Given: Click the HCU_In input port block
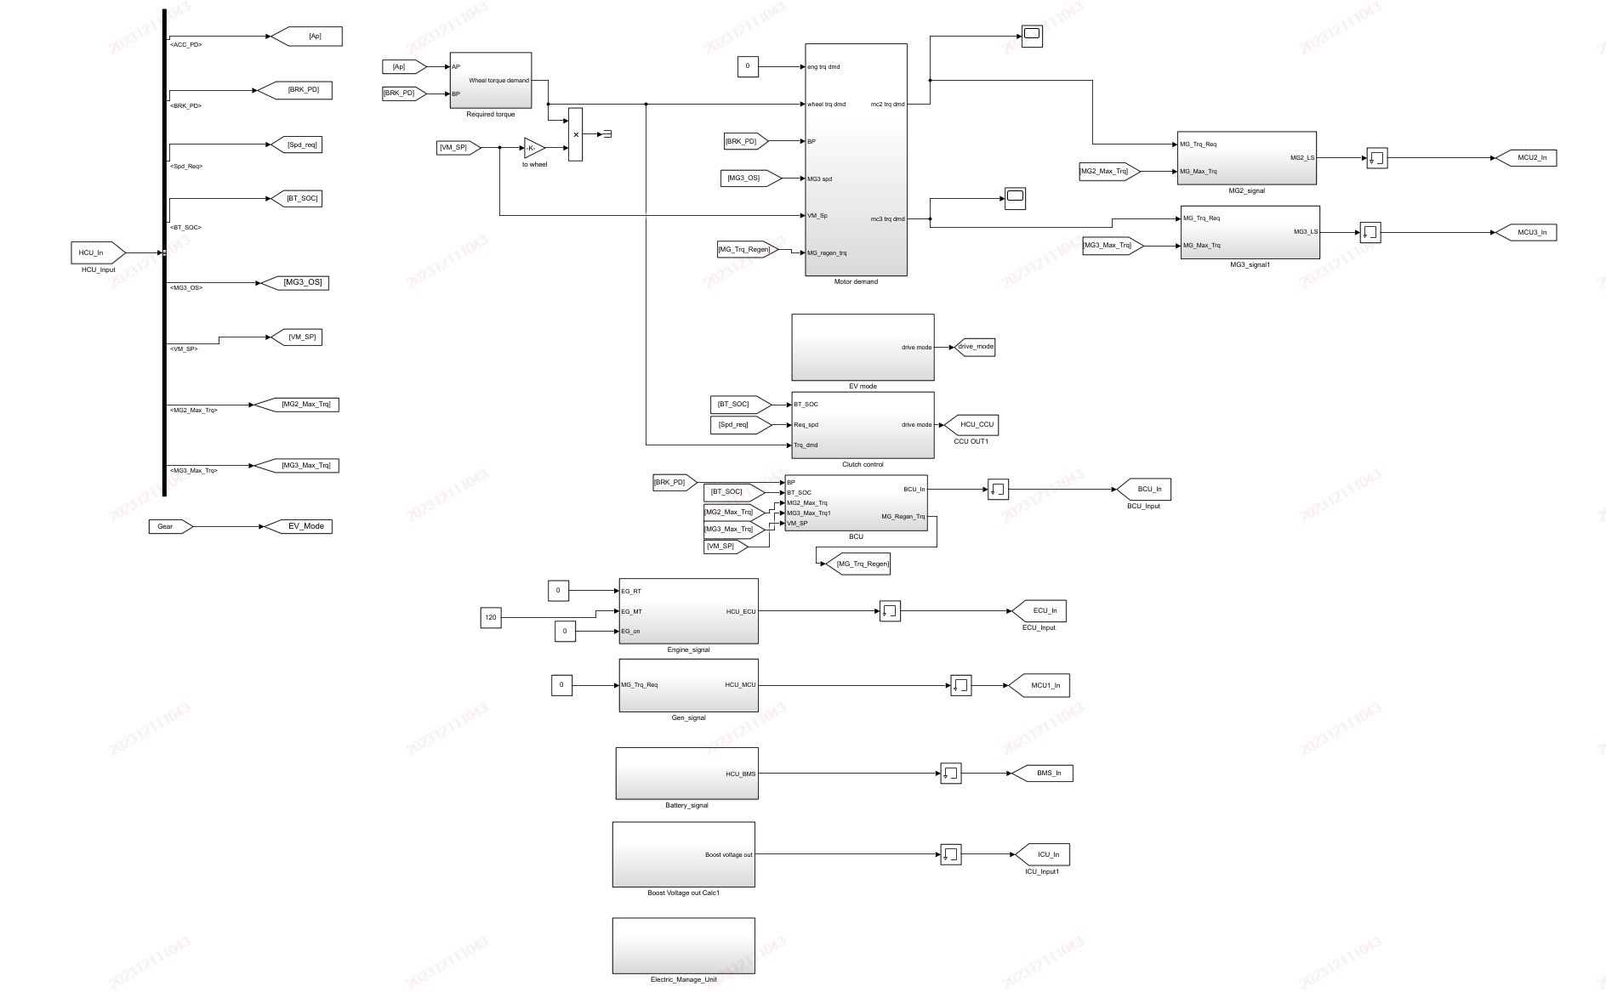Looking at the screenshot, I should (97, 252).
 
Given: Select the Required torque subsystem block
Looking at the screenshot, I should (490, 81).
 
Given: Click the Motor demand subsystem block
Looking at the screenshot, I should (856, 160).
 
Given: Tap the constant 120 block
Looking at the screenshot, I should (491, 617).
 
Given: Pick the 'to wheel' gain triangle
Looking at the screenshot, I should (533, 148).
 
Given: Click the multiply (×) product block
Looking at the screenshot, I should (575, 134).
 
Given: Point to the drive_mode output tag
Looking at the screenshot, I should (975, 347).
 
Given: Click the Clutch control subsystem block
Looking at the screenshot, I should (863, 424).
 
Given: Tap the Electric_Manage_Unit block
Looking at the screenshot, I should (683, 945).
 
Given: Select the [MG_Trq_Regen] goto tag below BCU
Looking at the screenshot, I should (862, 564).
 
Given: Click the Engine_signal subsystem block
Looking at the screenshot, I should (688, 611).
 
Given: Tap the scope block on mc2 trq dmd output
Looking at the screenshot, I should (1031, 36).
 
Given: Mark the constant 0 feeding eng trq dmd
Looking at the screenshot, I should (748, 66).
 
